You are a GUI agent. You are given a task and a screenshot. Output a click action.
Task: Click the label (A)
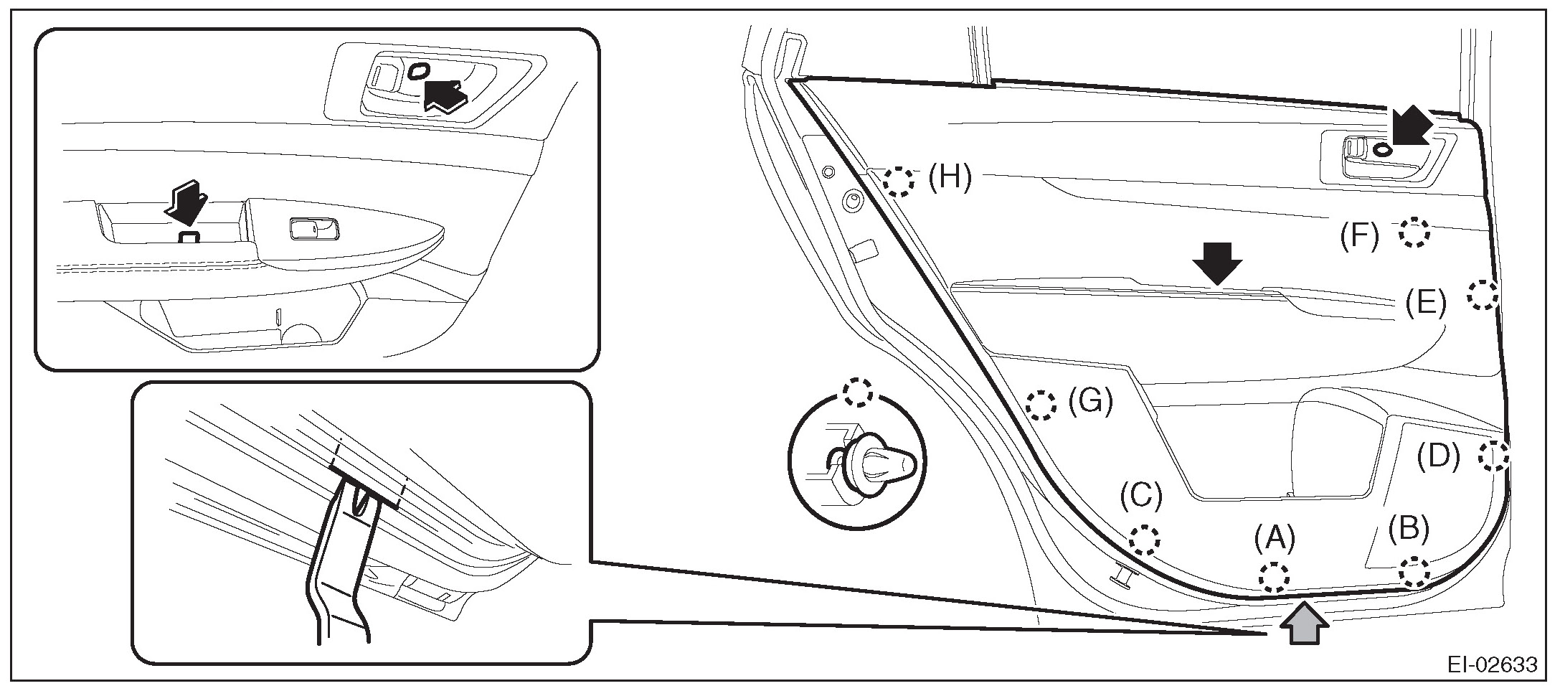[x=1275, y=539]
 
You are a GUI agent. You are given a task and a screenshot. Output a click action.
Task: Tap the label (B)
[x=1408, y=529]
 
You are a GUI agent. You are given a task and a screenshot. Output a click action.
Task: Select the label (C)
[x=1141, y=494]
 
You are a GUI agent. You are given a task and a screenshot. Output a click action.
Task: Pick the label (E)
[x=1425, y=303]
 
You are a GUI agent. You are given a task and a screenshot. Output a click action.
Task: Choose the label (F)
[x=1360, y=236]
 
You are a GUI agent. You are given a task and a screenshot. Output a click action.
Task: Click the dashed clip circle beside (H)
[x=899, y=182]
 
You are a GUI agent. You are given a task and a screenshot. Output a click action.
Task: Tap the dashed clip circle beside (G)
[x=1041, y=405]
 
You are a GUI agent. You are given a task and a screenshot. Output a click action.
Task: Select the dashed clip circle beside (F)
[x=1414, y=232]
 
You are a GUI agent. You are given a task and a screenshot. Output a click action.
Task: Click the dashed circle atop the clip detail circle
[x=858, y=392]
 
